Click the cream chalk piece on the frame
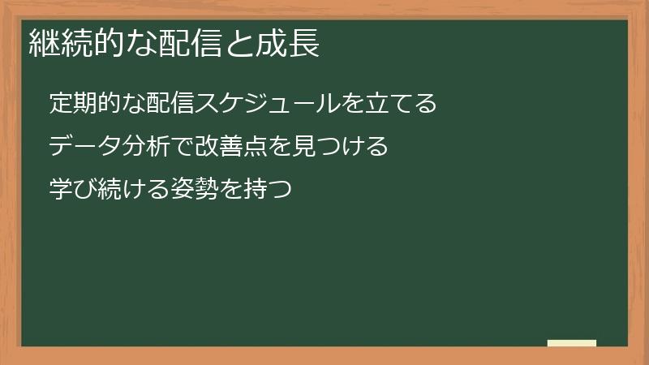pos(572,343)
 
